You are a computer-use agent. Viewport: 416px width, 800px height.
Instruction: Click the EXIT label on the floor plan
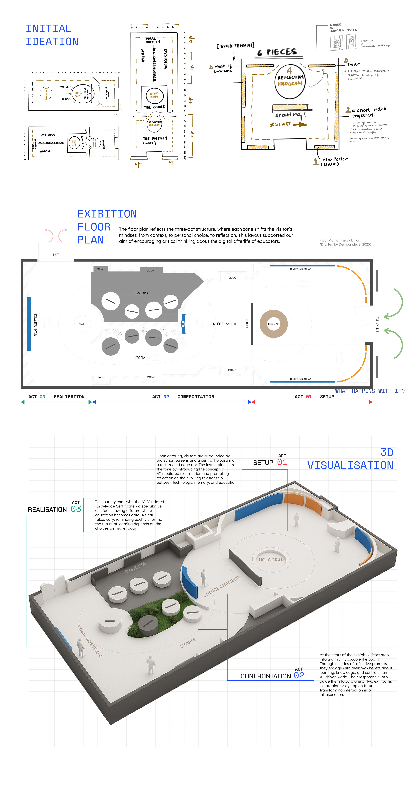pos(56,255)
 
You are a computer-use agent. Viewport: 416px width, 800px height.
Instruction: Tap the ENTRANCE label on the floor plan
pos(377,324)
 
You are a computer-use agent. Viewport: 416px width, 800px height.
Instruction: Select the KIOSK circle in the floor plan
pos(81,324)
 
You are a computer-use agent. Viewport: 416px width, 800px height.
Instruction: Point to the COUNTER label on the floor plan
pos(247,323)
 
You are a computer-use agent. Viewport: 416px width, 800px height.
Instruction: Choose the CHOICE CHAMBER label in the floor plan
pos(222,324)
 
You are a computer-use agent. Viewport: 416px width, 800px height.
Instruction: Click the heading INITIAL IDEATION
pos(52,35)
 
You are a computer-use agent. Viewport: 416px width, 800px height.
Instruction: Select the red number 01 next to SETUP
pos(282,462)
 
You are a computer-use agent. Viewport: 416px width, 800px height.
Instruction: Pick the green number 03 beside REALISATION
pos(76,509)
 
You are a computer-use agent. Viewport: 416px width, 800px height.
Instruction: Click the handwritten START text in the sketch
pos(283,124)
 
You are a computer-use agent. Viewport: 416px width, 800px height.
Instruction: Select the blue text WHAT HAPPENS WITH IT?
pos(370,391)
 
